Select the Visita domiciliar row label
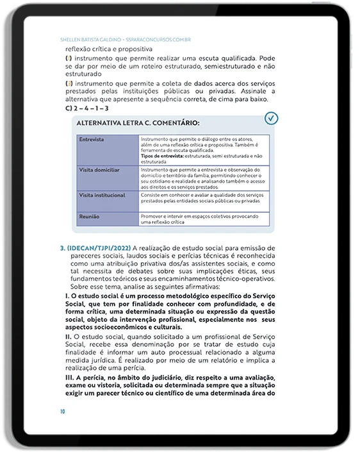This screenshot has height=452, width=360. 98,170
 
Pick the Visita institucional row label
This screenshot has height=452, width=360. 101,194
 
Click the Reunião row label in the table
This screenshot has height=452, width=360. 89,218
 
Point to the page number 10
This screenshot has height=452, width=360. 62,411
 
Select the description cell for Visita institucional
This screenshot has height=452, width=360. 202,197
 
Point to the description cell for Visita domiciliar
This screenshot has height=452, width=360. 202,178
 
